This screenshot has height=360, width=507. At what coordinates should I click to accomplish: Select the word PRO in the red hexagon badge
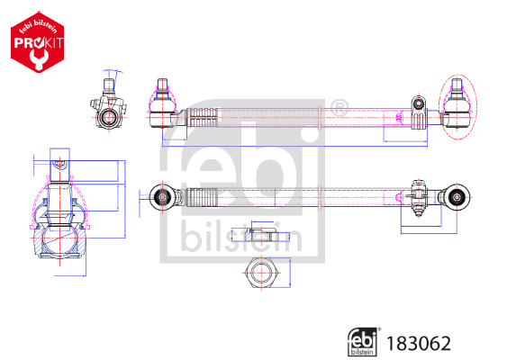click(x=26, y=43)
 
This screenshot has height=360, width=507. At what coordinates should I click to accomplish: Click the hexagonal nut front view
click(x=261, y=271)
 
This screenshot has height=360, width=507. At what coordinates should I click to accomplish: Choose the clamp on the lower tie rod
click(x=416, y=194)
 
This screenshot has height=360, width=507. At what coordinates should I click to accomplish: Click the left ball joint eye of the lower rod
click(x=163, y=195)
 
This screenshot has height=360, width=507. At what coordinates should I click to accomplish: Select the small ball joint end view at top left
click(x=107, y=110)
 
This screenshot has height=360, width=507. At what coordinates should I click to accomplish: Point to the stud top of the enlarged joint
click(x=57, y=166)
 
